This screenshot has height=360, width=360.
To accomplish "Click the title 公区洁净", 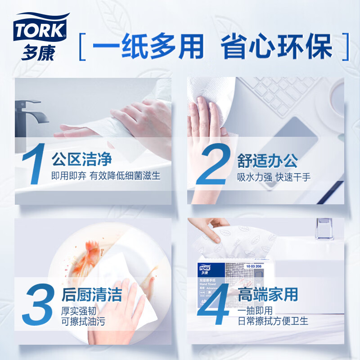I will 81,159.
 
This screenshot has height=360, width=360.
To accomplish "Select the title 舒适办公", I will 267,161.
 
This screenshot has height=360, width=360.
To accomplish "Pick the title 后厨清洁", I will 91,295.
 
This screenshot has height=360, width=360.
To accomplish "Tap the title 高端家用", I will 268,295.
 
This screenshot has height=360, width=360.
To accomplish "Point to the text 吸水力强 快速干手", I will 274,176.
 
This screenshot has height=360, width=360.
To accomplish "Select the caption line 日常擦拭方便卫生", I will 273,321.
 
